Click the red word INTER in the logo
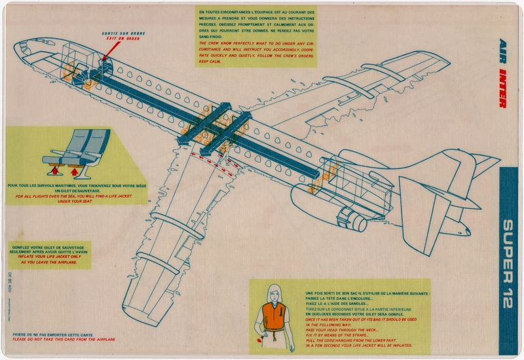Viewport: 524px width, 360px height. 503,86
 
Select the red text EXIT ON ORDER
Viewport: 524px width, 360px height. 124,39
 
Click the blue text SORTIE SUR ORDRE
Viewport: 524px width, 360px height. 124,33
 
